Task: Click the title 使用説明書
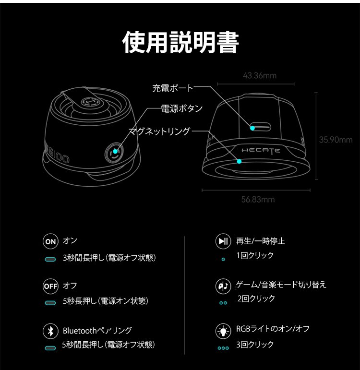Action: point(180,42)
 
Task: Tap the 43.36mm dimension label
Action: point(260,75)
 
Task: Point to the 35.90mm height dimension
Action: point(336,140)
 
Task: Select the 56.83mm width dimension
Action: point(258,200)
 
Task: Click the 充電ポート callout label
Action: point(173,88)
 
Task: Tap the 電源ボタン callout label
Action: point(182,108)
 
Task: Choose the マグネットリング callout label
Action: point(159,131)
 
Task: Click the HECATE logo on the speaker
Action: point(261,151)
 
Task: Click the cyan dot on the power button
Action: point(115,151)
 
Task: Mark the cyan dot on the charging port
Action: point(252,128)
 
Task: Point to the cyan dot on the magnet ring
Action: point(239,161)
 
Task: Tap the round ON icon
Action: point(50,241)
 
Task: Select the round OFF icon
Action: point(50,286)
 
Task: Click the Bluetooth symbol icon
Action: point(50,331)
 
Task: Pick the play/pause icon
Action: point(223,241)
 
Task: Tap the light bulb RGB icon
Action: point(223,331)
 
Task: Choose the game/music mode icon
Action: point(223,286)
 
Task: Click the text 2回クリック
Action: point(256,298)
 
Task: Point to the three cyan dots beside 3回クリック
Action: point(223,348)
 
